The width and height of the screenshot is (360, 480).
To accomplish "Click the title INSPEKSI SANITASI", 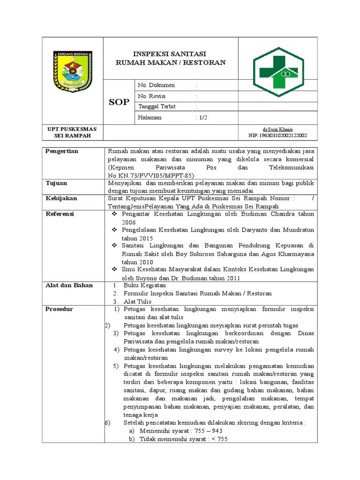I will (171, 54).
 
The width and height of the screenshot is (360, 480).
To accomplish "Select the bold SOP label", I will (119, 102).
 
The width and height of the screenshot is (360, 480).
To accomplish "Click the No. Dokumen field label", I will (157, 85).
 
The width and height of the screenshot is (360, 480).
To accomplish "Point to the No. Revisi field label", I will (152, 96).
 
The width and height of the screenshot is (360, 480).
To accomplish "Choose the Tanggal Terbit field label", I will (157, 107).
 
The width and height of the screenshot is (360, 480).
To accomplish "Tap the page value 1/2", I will (202, 118).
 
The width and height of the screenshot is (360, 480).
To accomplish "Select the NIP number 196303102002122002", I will (277, 135).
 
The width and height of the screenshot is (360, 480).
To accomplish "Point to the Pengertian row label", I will (61, 151).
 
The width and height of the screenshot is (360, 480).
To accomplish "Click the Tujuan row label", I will (56, 183).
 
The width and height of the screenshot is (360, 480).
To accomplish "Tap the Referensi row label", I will (60, 214).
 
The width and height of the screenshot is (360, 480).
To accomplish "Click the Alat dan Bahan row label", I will (69, 285).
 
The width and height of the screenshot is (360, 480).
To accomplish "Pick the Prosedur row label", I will (59, 309).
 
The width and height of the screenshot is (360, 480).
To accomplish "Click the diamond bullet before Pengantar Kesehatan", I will (114, 214).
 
